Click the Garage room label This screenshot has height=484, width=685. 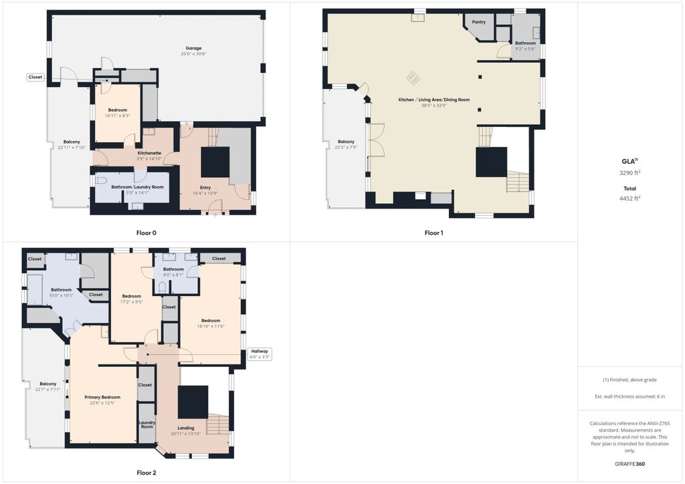[193, 48]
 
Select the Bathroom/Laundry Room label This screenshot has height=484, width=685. [137, 187]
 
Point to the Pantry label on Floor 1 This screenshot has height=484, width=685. [479, 22]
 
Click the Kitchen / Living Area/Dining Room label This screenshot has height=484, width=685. [433, 100]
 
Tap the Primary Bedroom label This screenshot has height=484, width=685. [102, 397]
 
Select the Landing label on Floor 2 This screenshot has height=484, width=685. [185, 428]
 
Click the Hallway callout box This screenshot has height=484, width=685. [260, 354]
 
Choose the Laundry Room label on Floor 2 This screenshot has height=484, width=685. [146, 424]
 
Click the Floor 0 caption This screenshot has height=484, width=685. [146, 233]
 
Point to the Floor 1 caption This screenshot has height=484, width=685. [433, 233]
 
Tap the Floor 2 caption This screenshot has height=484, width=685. [146, 473]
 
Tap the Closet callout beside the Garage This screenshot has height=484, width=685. [35, 77]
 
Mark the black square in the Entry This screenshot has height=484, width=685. [215, 162]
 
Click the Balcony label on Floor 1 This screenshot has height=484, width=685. [346, 142]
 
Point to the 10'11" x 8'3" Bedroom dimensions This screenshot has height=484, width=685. [117, 116]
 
